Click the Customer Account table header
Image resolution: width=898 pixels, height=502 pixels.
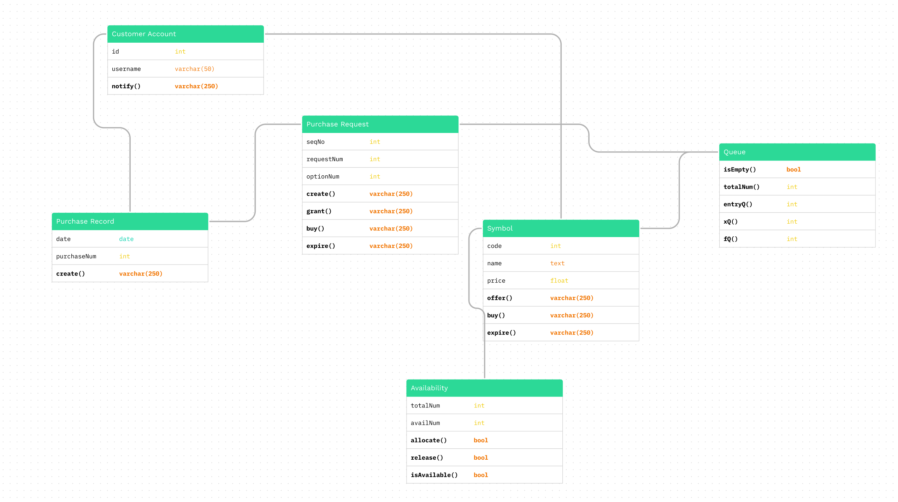pos(144,34)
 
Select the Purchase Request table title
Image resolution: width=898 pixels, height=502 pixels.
pos(337,124)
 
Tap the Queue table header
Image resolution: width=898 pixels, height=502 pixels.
pos(734,152)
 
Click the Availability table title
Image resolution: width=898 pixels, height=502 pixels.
pos(429,388)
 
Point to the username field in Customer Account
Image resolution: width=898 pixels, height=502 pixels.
pos(126,69)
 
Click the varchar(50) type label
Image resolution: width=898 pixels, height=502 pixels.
pos(194,69)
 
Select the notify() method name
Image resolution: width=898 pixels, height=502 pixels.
pos(126,86)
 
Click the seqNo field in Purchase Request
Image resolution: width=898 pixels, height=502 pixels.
pos(315,142)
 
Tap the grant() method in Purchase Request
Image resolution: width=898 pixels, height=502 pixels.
pos(319,211)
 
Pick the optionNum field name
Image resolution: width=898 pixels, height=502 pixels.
pos(323,176)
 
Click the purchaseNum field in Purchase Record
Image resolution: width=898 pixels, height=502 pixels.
pos(76,256)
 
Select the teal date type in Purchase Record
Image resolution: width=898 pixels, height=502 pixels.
pos(126,239)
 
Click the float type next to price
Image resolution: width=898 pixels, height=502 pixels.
pos(559,281)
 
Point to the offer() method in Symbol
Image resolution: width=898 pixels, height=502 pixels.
pos(500,298)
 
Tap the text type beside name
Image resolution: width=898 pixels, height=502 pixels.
pos(557,263)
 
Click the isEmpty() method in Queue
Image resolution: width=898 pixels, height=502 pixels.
pos(739,170)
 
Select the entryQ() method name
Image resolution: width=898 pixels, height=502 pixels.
pos(738,204)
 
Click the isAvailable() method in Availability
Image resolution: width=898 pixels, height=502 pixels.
pos(434,475)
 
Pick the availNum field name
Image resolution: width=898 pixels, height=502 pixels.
pos(425,423)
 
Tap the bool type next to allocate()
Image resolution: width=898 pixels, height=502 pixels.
pos(480,440)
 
